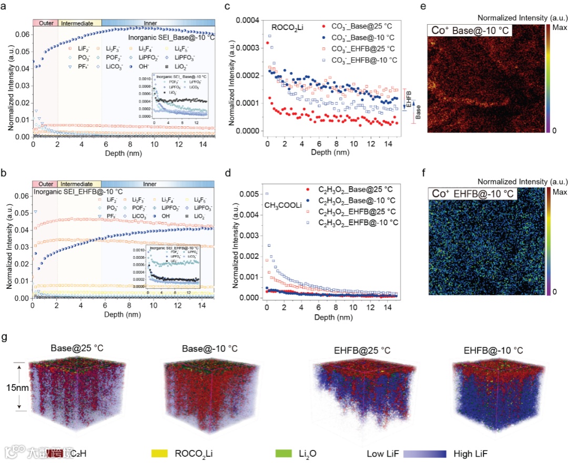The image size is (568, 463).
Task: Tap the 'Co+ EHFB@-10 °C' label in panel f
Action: [x=470, y=195]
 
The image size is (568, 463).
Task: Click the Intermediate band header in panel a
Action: [x=78, y=23]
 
